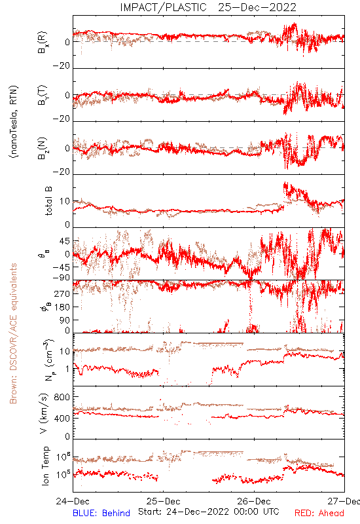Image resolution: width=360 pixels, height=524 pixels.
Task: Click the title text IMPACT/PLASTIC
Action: [x=163, y=7]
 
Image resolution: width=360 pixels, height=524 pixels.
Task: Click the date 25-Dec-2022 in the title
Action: [x=257, y=7]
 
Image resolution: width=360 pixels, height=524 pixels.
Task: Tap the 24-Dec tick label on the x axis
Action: [x=73, y=501]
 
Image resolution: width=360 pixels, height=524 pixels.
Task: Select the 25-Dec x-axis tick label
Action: [x=163, y=501]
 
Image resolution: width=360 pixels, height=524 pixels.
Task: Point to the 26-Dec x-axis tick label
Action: [x=254, y=501]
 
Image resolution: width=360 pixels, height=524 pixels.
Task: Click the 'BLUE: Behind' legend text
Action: [x=101, y=513]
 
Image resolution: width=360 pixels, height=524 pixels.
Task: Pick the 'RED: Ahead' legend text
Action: [x=319, y=513]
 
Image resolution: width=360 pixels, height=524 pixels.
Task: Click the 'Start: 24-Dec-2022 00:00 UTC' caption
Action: [x=209, y=512]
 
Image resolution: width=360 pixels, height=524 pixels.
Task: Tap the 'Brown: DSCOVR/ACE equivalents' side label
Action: [x=13, y=333]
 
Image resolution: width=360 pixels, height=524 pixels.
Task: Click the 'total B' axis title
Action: [x=48, y=201]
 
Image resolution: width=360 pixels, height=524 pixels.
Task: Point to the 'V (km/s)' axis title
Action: [x=44, y=413]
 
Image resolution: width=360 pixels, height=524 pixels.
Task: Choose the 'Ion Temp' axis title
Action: [x=45, y=466]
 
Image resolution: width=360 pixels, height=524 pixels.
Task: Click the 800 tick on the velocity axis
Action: [x=62, y=397]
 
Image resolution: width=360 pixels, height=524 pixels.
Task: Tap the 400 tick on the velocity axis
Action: [x=62, y=418]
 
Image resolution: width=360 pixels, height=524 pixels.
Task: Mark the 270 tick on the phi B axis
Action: [x=62, y=293]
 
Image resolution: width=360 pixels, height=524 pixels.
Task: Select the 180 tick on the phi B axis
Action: [x=62, y=307]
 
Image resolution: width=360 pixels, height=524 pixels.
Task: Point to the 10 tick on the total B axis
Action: [x=65, y=201]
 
